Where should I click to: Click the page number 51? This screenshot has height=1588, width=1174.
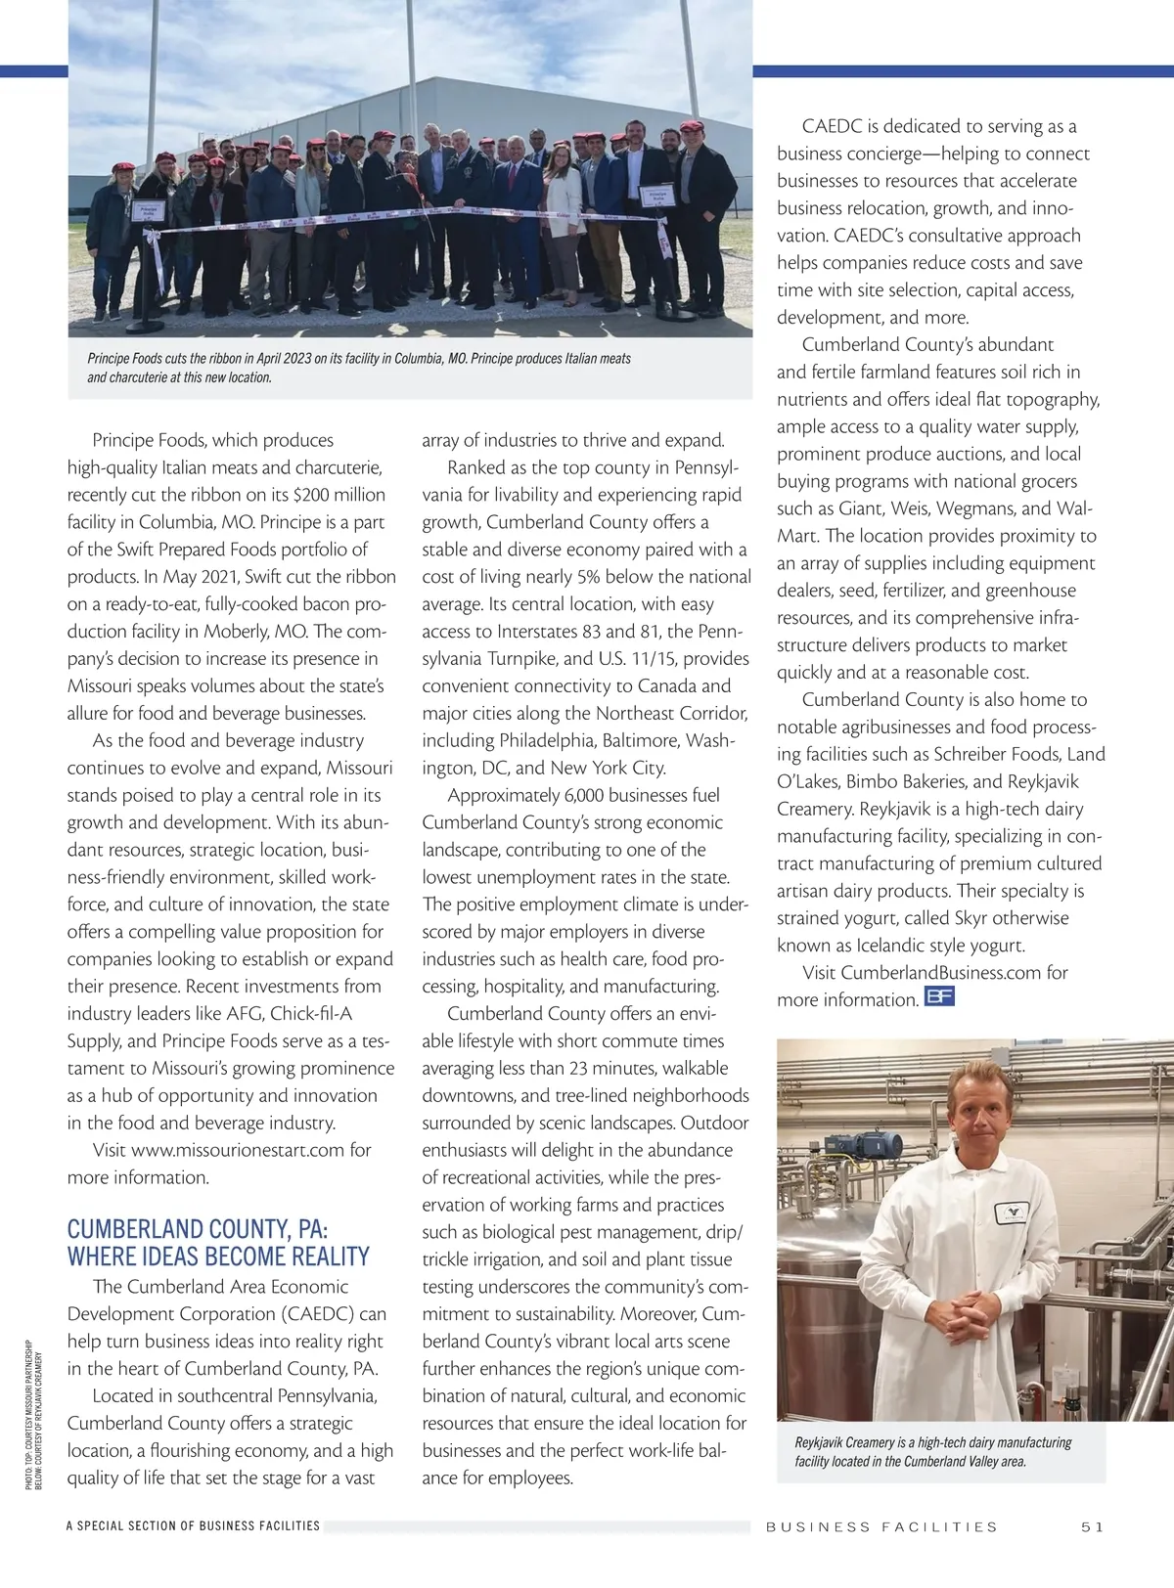coord(1092,1526)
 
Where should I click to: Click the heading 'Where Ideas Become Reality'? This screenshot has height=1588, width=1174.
coord(218,1257)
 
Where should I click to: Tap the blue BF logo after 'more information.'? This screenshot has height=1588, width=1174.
coord(939,997)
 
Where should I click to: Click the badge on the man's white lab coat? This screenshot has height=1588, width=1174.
coord(1014,1213)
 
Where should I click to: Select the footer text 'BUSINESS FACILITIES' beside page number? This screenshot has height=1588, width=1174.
coord(881,1526)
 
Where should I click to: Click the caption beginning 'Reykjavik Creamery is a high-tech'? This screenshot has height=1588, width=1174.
coord(933,1452)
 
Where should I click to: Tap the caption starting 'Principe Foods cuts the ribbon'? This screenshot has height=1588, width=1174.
coord(359,368)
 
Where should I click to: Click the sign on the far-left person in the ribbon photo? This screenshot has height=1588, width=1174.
coord(150,210)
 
